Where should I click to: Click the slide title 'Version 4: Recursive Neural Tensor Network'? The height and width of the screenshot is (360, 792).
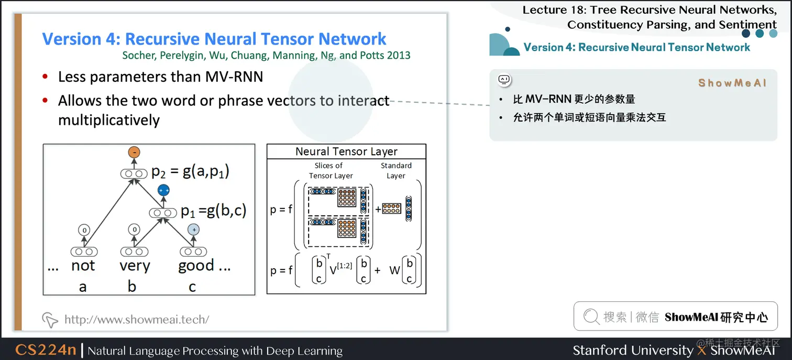click(x=214, y=39)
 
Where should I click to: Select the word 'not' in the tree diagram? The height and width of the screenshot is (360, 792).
click(x=83, y=266)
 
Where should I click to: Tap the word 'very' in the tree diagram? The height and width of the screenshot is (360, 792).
click(x=135, y=266)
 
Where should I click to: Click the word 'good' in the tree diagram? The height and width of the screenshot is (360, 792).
click(x=196, y=266)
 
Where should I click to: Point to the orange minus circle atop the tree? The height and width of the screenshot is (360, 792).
click(x=134, y=152)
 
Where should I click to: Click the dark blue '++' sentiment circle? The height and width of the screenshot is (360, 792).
click(x=164, y=191)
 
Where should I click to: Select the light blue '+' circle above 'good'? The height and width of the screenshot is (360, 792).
click(x=194, y=230)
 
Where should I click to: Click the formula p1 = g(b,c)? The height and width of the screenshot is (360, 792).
click(x=213, y=211)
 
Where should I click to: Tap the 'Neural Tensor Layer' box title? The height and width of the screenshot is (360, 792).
click(x=346, y=151)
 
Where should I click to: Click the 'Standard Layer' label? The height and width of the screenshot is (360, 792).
click(x=396, y=170)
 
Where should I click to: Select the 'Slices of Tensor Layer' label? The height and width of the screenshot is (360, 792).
click(x=331, y=170)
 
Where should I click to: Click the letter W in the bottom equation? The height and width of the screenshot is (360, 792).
click(x=394, y=270)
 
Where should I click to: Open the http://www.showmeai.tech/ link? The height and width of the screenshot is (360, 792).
click(x=136, y=319)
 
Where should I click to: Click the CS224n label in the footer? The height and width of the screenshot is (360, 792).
click(x=46, y=350)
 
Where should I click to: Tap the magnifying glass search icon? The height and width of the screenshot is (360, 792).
click(x=591, y=317)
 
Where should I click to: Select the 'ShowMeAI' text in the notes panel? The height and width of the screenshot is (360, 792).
click(x=732, y=83)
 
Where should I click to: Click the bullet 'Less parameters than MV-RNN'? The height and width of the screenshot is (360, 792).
click(x=160, y=77)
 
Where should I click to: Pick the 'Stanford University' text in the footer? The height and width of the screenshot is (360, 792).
click(x=633, y=350)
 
